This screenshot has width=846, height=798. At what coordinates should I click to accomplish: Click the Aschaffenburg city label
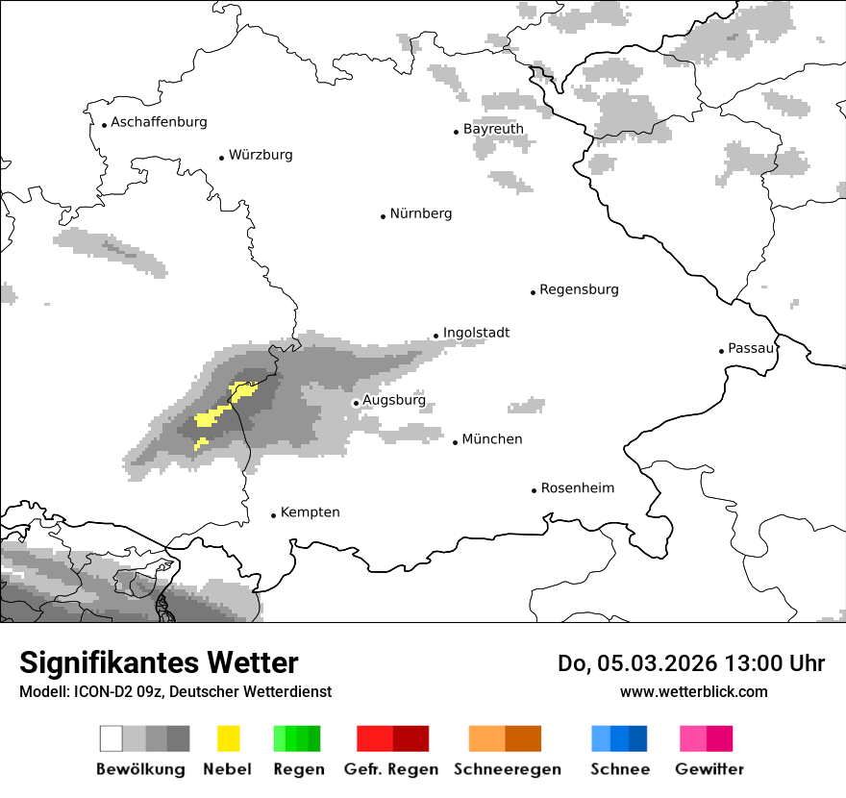[x=159, y=122]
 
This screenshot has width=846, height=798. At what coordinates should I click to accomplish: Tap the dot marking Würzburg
[x=221, y=157]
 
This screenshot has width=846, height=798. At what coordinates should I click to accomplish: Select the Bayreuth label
[x=493, y=129]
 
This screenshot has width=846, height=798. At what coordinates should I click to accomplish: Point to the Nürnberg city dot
[x=383, y=216]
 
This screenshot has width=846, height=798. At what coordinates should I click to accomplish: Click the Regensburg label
[x=579, y=289]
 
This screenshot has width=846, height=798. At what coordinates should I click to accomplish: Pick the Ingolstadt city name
[x=476, y=333]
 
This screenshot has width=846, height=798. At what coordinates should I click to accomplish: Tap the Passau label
[x=751, y=348]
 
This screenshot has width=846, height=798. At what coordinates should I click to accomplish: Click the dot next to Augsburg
[x=356, y=404]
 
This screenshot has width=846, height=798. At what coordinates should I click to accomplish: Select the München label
[x=492, y=439]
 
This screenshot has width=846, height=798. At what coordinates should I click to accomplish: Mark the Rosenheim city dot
[x=534, y=490]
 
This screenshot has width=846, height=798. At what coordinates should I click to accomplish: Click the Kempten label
[x=310, y=512]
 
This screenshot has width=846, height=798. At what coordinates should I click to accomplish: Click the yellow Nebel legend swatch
[x=228, y=738]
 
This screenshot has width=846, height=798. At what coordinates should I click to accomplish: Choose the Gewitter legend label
[x=709, y=769]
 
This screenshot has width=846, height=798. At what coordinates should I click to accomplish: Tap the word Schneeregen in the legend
[x=507, y=769]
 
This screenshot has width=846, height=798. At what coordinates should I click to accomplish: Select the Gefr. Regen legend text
[x=391, y=769]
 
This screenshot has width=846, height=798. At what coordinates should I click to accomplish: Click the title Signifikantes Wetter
[x=159, y=662]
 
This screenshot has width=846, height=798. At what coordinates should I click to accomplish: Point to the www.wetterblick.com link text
[x=693, y=691]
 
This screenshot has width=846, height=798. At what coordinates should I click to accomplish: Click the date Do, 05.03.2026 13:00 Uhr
[x=690, y=663]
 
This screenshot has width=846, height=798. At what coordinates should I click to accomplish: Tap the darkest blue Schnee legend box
[x=638, y=738]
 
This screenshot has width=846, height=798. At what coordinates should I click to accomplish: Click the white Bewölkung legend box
[x=112, y=738]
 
